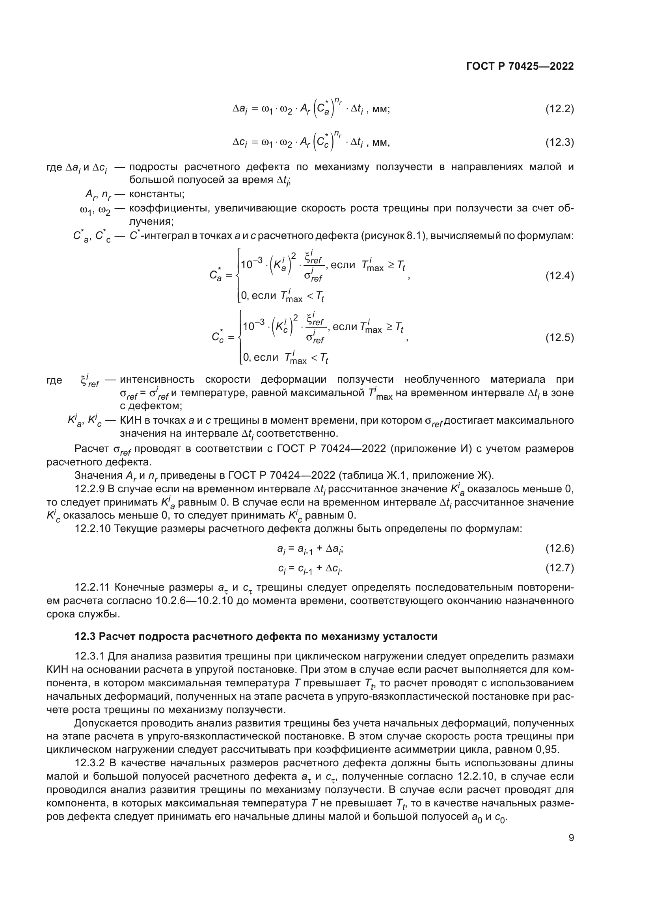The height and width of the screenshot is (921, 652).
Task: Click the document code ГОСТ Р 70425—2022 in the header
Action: [520, 66]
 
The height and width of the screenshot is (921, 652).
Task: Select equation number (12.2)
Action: [559, 109]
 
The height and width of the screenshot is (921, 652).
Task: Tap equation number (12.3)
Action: [559, 142]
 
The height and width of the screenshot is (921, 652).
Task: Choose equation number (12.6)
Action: [559, 548]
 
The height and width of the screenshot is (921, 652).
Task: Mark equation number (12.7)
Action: [559, 568]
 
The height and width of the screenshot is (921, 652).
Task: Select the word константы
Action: [156, 194]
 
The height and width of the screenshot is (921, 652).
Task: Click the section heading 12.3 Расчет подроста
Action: [256, 636]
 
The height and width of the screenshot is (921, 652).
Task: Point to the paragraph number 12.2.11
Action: [92, 587]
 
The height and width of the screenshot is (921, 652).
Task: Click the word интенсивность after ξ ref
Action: [157, 379]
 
